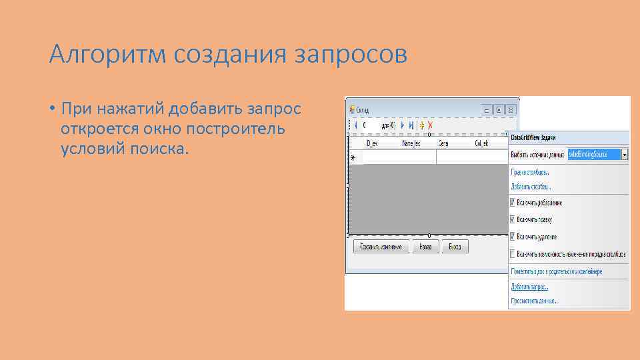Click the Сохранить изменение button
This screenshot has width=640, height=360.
[x=381, y=247]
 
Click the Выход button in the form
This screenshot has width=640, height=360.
[x=455, y=247]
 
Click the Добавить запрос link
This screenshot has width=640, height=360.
[x=529, y=287]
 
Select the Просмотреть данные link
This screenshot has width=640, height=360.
[x=534, y=301]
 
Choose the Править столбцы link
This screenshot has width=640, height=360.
[x=530, y=172]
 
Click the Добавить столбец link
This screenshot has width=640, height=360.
[x=531, y=187]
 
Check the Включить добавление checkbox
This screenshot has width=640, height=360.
[x=513, y=203]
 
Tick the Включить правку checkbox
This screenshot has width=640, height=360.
[x=513, y=219]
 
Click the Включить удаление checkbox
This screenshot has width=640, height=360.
[x=513, y=236]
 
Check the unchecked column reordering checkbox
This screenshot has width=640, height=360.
[x=513, y=253]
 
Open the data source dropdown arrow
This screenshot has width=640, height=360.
[x=624, y=154]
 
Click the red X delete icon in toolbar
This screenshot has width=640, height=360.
[x=431, y=125]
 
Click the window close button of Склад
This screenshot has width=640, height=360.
[x=511, y=109]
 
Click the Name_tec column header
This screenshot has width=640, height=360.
[x=411, y=143]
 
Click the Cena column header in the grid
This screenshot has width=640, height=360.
[x=443, y=143]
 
